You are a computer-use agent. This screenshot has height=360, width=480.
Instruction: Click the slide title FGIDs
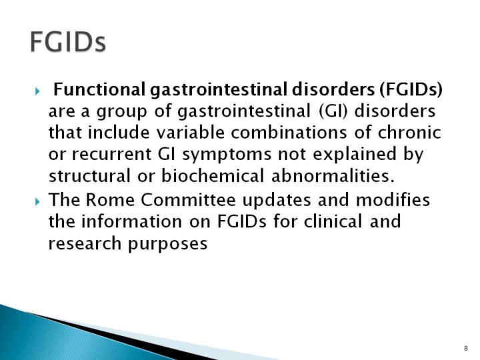point(68,42)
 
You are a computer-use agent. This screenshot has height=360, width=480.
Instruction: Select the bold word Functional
point(99,89)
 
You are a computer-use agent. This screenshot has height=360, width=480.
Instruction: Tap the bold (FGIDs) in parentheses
point(411,90)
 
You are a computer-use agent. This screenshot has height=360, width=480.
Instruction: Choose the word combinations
point(289,133)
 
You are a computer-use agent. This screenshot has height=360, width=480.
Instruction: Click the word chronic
point(409,133)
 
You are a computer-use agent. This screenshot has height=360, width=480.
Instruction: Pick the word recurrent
point(112,154)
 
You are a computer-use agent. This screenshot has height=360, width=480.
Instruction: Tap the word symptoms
point(227,155)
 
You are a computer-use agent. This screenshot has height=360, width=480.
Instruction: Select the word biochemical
point(213,176)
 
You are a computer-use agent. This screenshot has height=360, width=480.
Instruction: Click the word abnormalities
point(333,176)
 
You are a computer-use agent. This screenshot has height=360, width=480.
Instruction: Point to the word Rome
point(110,200)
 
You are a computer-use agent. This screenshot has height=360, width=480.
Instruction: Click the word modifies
point(393,200)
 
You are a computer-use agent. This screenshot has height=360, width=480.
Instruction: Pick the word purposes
point(167,244)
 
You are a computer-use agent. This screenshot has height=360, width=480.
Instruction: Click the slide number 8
point(466,349)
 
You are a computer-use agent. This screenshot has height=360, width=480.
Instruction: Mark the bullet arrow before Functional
point(37,91)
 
